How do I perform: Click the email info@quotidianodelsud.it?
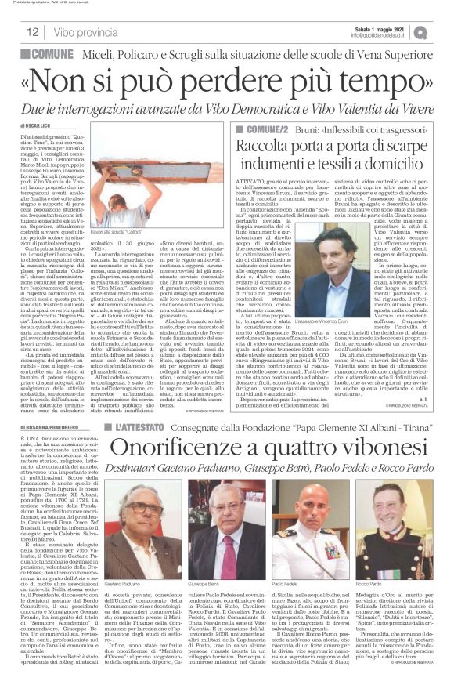[x=381, y=35]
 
